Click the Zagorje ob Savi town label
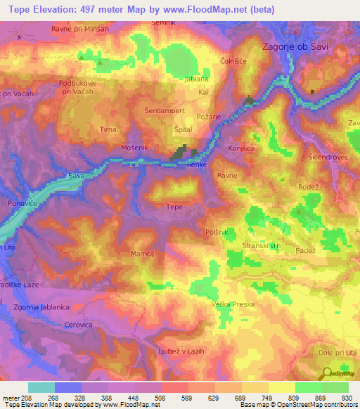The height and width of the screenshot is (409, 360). pos(305,46)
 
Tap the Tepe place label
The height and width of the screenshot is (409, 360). pos(174,207)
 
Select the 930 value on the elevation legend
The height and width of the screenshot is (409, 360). pos(347,397)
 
